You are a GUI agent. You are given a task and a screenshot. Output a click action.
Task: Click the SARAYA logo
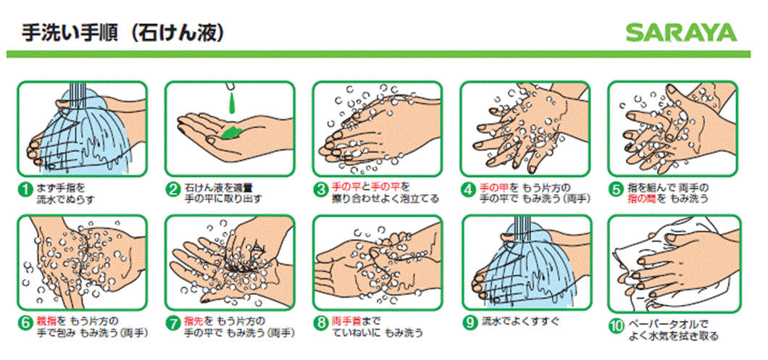click(681, 33)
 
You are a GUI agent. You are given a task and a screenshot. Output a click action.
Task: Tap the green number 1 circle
click(26, 191)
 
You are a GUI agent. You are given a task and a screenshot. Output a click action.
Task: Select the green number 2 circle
click(174, 191)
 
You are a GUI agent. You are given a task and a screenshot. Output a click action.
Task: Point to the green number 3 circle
click(321, 191)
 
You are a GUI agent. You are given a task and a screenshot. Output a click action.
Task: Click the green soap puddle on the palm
click(233, 132)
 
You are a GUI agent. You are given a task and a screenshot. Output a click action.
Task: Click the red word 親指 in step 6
click(46, 320)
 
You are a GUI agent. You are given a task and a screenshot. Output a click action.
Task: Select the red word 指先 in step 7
click(194, 320)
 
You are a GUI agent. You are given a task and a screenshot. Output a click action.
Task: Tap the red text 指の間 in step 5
click(643, 198)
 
